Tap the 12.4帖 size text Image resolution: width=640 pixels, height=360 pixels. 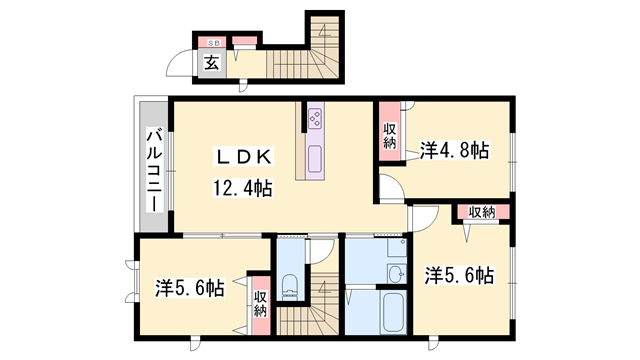click(x=241, y=187)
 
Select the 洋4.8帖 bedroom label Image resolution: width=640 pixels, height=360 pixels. click(x=454, y=151)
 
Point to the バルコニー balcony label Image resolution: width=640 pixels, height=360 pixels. click(x=156, y=169)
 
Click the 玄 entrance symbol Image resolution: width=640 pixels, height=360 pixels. click(x=213, y=63)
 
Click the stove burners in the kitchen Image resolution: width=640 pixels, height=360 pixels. click(x=315, y=120)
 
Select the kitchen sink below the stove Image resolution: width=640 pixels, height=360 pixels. click(x=315, y=159)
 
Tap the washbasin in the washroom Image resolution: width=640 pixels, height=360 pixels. click(x=396, y=275)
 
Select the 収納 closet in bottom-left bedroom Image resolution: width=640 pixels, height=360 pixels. click(x=260, y=303)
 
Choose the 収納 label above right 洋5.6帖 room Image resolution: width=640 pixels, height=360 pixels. click(x=481, y=212)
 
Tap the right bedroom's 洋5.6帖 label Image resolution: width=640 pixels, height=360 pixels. click(x=459, y=273)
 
